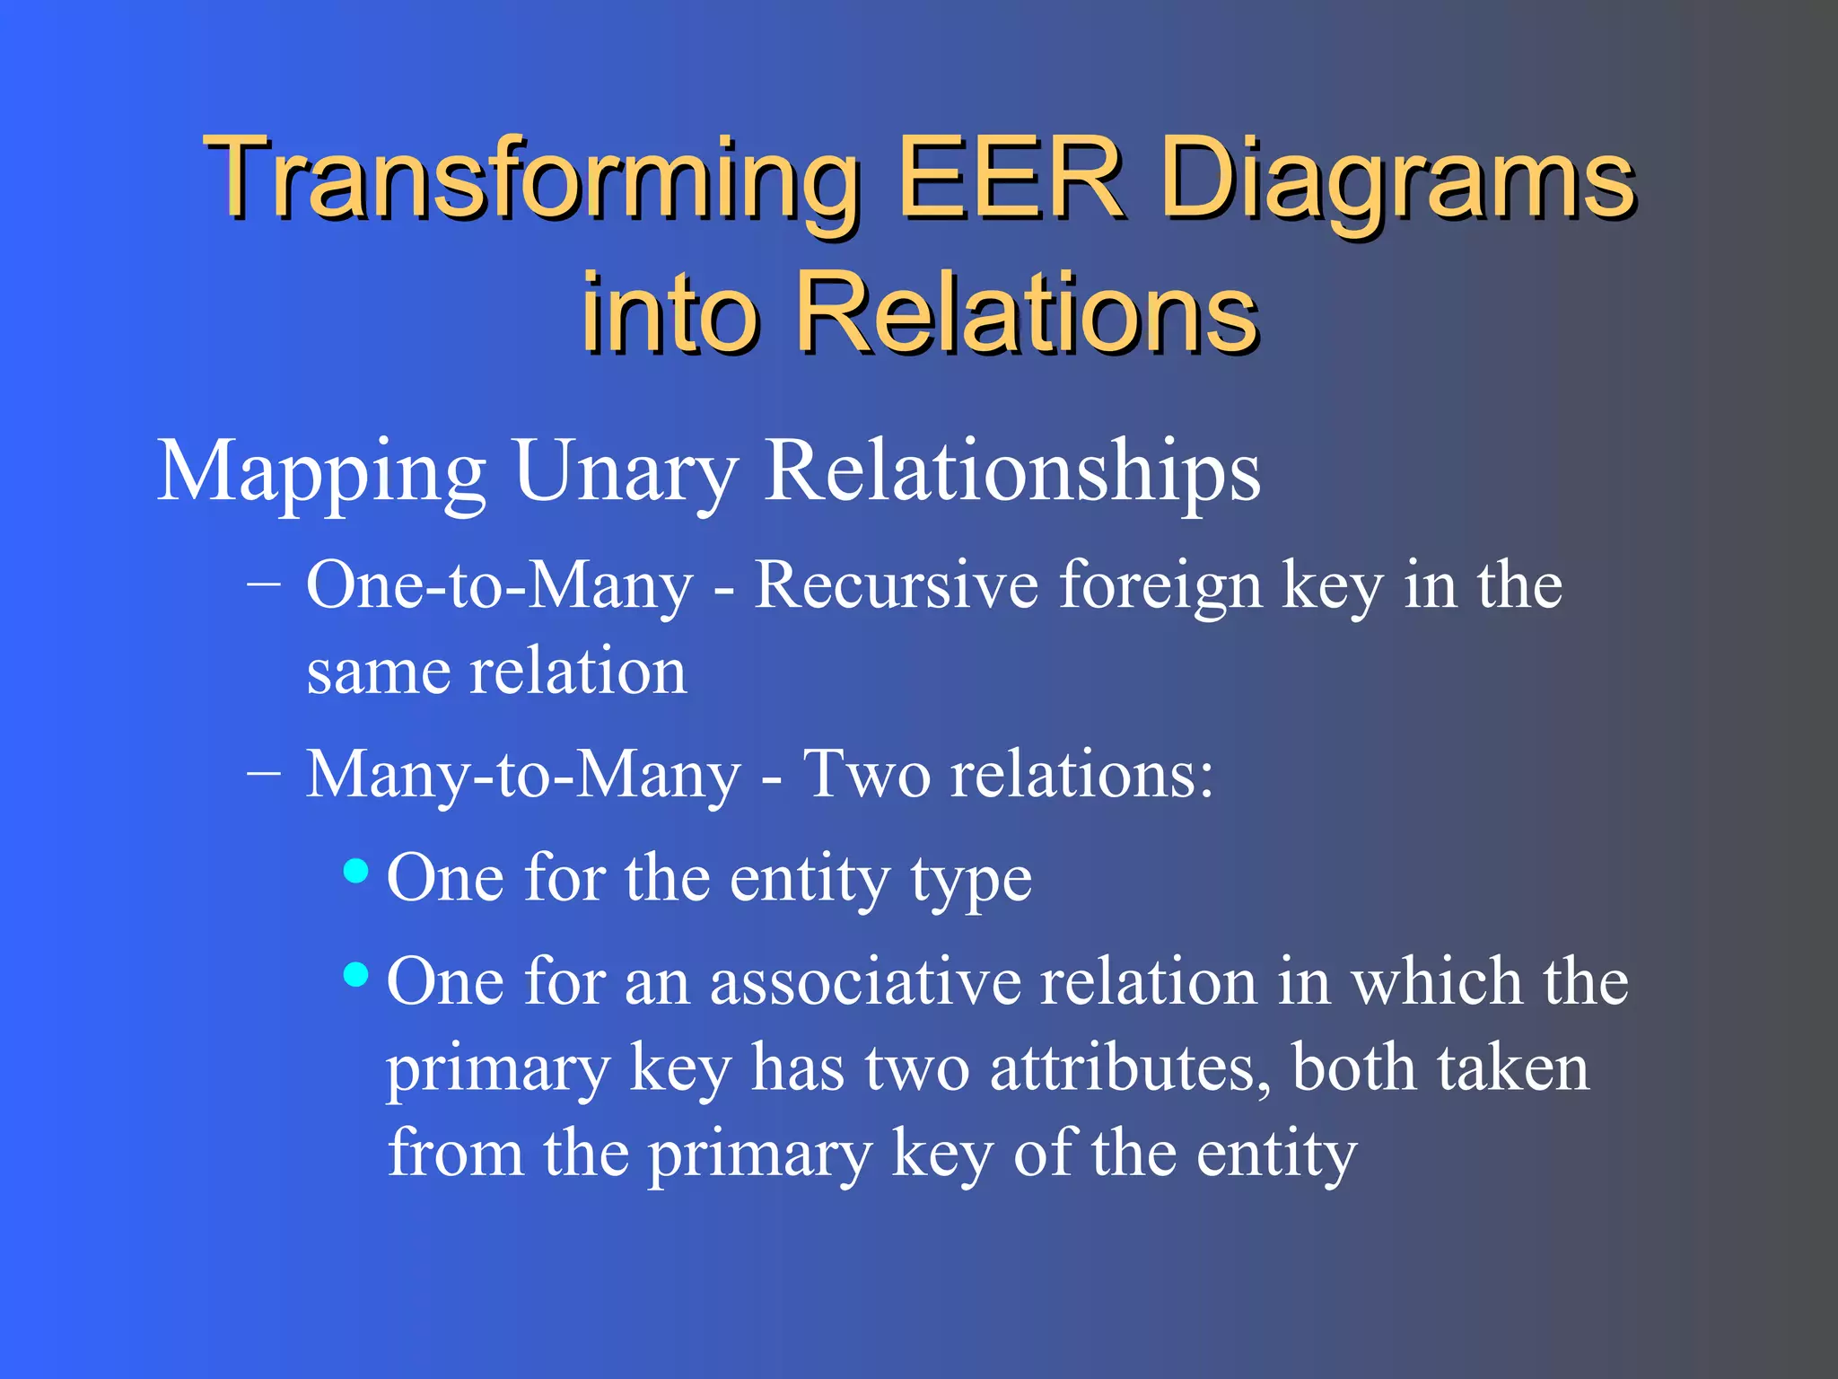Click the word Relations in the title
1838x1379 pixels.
(x=1028, y=312)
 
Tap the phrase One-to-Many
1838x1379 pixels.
(x=499, y=585)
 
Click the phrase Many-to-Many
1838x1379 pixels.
(x=523, y=775)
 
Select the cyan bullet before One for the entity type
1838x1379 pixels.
(x=356, y=870)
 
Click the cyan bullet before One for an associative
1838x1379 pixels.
(x=356, y=974)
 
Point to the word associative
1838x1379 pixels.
(x=865, y=981)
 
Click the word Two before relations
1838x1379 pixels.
(x=865, y=775)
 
